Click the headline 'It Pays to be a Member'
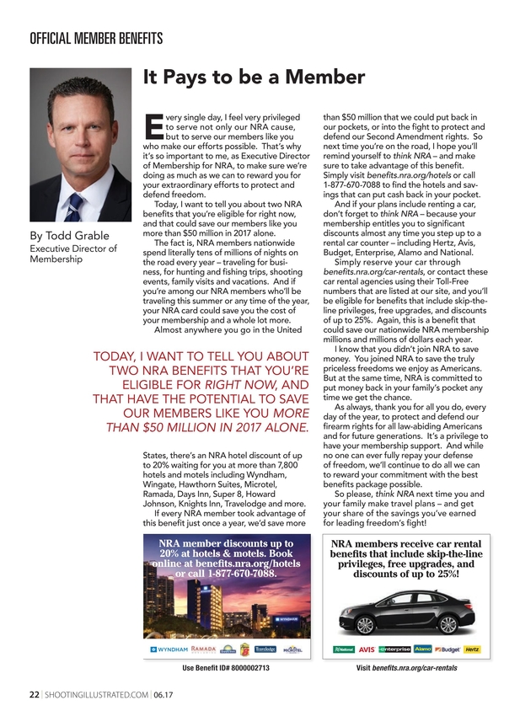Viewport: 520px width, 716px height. (253, 77)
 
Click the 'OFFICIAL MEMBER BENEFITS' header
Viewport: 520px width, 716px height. (84, 39)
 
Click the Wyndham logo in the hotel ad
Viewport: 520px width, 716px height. (169, 649)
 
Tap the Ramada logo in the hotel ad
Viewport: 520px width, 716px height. (205, 649)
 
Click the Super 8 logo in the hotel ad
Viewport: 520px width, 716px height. (244, 649)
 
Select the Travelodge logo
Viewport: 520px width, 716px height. (265, 649)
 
